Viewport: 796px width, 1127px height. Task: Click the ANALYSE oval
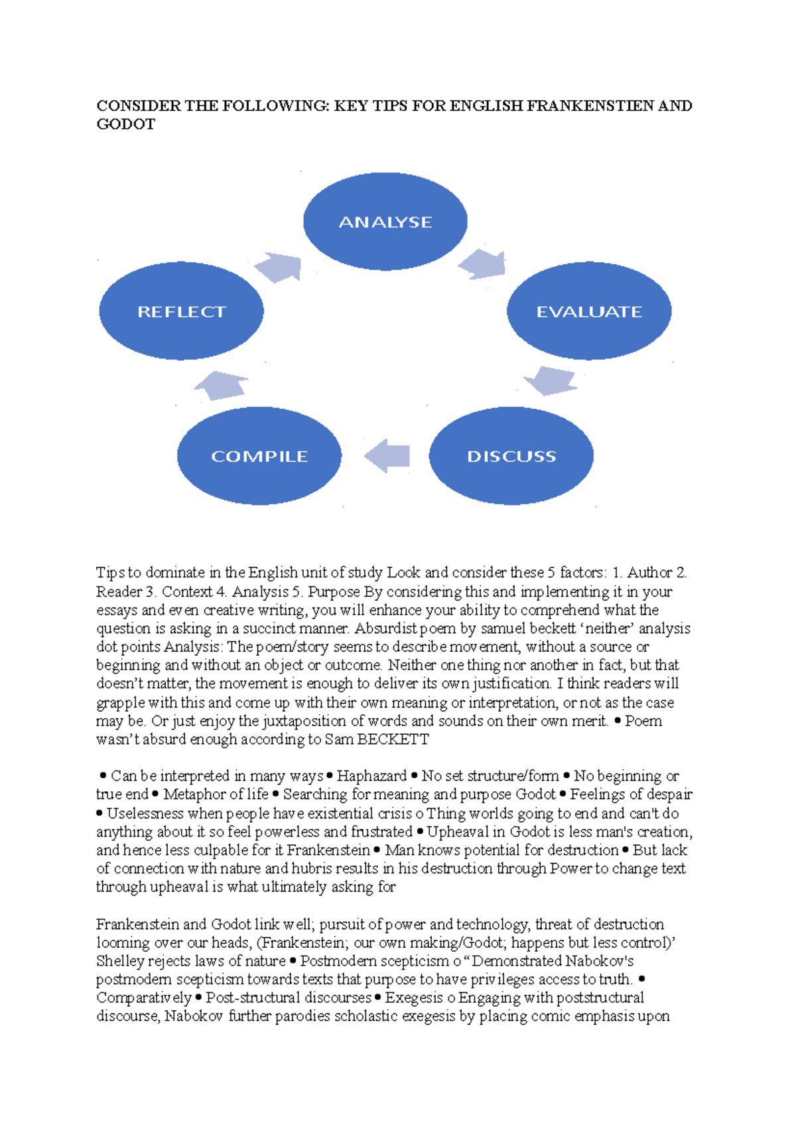click(x=385, y=222)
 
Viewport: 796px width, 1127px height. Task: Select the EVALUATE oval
click(x=589, y=311)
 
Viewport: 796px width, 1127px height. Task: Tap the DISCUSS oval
click(x=511, y=456)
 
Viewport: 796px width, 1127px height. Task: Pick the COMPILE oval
click(x=259, y=456)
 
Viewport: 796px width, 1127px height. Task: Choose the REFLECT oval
click(x=181, y=311)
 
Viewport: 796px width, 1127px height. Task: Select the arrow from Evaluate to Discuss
click(x=550, y=380)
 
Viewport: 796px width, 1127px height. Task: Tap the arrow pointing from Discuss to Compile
click(x=388, y=455)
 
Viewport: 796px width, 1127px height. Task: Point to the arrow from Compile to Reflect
click(x=222, y=386)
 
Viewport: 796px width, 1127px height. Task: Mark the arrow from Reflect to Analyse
click(x=279, y=267)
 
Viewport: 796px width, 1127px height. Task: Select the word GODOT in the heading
click(x=125, y=125)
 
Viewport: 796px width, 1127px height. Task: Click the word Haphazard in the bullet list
click(x=371, y=776)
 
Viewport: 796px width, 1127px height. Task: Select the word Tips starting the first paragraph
click(x=109, y=573)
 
